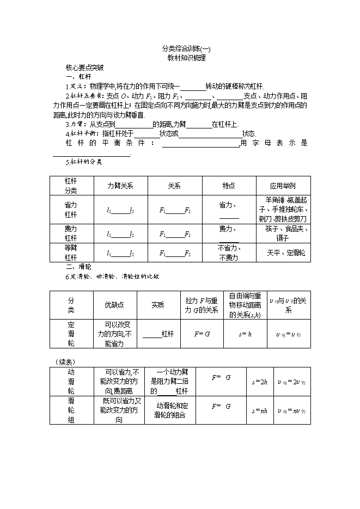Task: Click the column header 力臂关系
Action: click(x=120, y=185)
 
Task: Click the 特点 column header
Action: click(x=229, y=185)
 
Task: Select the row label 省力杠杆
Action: click(x=71, y=210)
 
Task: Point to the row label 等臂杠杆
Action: click(x=71, y=253)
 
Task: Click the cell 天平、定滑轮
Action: click(x=286, y=253)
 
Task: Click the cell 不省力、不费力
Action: click(x=229, y=253)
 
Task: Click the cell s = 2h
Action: click(x=259, y=382)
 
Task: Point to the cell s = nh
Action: click(x=259, y=410)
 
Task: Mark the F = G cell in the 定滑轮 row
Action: click(x=202, y=334)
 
